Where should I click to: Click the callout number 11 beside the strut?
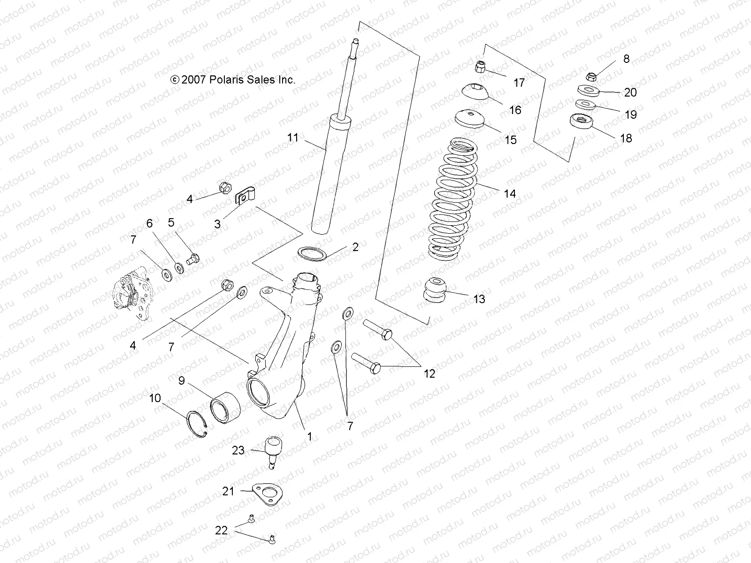tap(293, 137)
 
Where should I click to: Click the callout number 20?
tap(630, 92)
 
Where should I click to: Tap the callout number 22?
tap(221, 531)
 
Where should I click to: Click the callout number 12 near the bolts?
tap(429, 373)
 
